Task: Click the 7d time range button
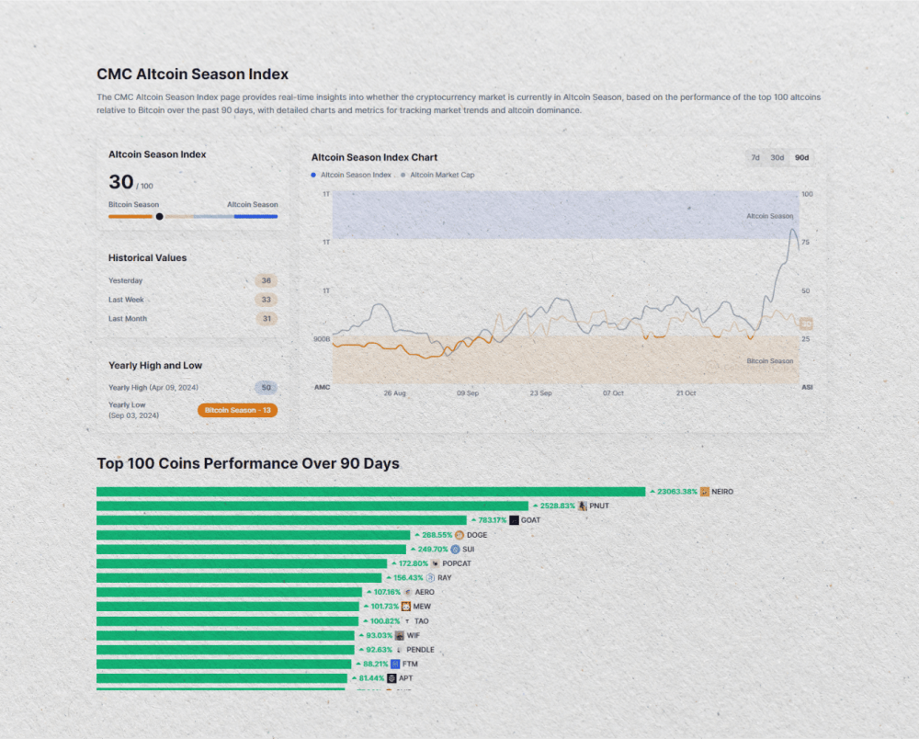point(755,157)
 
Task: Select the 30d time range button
point(777,157)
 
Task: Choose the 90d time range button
point(802,157)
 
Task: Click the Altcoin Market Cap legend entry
point(441,175)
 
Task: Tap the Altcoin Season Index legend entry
point(355,175)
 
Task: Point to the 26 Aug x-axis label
point(394,393)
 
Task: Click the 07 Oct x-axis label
point(613,393)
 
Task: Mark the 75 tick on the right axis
point(806,243)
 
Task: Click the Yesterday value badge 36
point(267,280)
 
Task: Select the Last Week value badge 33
point(267,300)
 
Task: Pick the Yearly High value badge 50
point(267,388)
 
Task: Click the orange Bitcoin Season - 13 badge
point(237,410)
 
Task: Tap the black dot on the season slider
point(160,217)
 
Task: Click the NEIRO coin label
point(722,492)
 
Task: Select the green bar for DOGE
point(253,535)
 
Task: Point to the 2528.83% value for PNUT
point(557,506)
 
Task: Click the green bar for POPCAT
point(242,563)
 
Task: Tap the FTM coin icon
point(395,664)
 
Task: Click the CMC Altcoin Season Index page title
point(192,74)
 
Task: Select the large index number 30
point(121,182)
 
